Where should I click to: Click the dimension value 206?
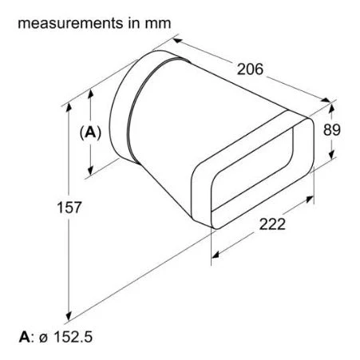(x=250, y=69)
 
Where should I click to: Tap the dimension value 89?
(x=331, y=130)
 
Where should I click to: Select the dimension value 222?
(x=272, y=224)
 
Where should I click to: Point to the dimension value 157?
(x=69, y=208)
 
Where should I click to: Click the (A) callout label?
(x=90, y=133)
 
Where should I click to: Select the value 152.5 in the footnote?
(x=73, y=337)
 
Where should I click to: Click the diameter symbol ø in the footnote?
(x=44, y=338)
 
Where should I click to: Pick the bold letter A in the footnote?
(x=24, y=337)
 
